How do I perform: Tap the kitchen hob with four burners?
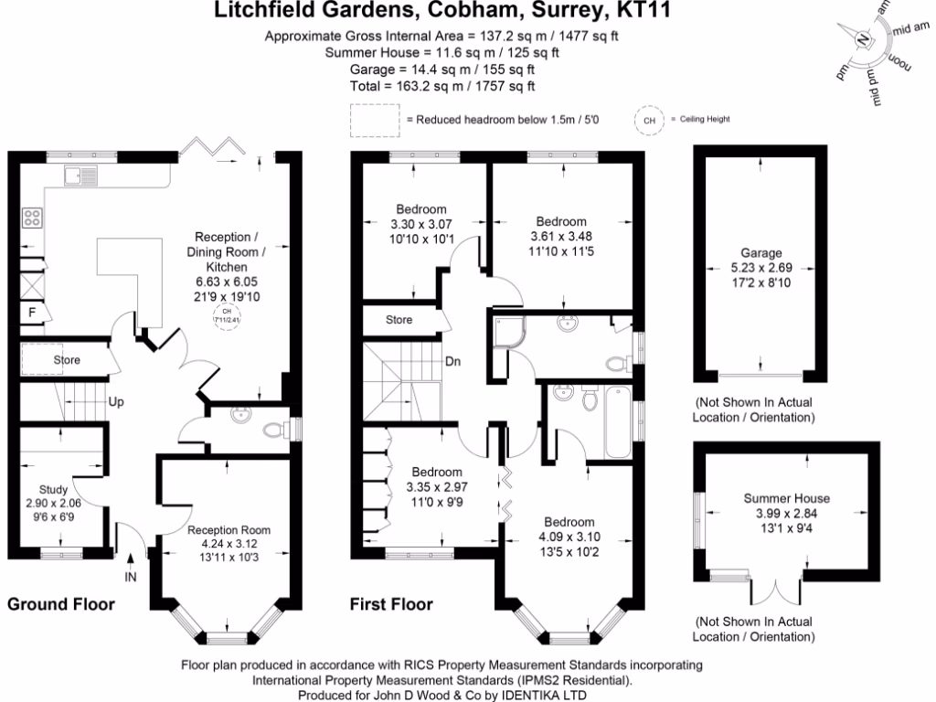click(x=32, y=218)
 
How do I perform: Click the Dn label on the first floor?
click(x=453, y=361)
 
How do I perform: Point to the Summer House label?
click(x=786, y=498)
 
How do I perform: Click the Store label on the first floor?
click(x=399, y=320)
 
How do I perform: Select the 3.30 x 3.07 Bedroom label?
click(x=421, y=223)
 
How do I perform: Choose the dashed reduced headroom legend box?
click(x=375, y=119)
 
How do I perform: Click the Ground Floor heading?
click(x=61, y=604)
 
